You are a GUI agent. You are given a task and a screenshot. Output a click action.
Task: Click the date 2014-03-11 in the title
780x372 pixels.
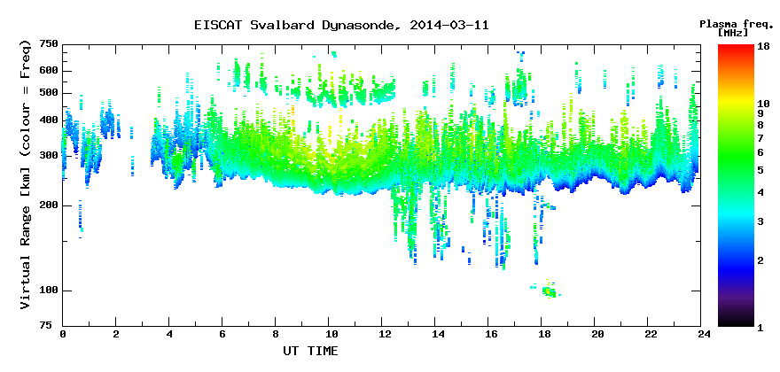pyautogui.click(x=449, y=25)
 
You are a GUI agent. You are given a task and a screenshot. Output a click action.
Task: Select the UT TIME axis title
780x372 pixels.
pyautogui.click(x=310, y=351)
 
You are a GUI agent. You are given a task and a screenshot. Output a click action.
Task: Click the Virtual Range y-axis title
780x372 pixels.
pyautogui.click(x=26, y=174)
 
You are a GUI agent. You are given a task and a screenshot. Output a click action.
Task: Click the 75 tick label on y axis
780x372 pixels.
pyautogui.click(x=52, y=325)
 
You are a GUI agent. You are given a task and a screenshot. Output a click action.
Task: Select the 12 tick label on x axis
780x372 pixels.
pyautogui.click(x=381, y=334)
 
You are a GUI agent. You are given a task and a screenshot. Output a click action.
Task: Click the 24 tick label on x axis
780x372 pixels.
pyautogui.click(x=701, y=334)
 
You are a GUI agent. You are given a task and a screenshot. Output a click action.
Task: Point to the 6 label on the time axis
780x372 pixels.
pyautogui.click(x=222, y=334)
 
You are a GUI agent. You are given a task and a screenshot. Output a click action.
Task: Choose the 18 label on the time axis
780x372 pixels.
pyautogui.click(x=542, y=334)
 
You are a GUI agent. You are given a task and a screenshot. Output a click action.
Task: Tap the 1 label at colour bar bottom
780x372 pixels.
pyautogui.click(x=760, y=329)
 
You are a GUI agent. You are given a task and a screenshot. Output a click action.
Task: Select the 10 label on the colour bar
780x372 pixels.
pyautogui.click(x=763, y=104)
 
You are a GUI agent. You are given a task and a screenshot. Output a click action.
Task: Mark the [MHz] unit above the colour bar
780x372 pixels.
pyautogui.click(x=733, y=33)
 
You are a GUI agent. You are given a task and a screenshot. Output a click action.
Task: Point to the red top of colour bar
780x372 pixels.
pyautogui.click(x=736, y=48)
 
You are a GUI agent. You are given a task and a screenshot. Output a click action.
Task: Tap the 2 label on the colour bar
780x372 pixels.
pyautogui.click(x=760, y=260)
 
